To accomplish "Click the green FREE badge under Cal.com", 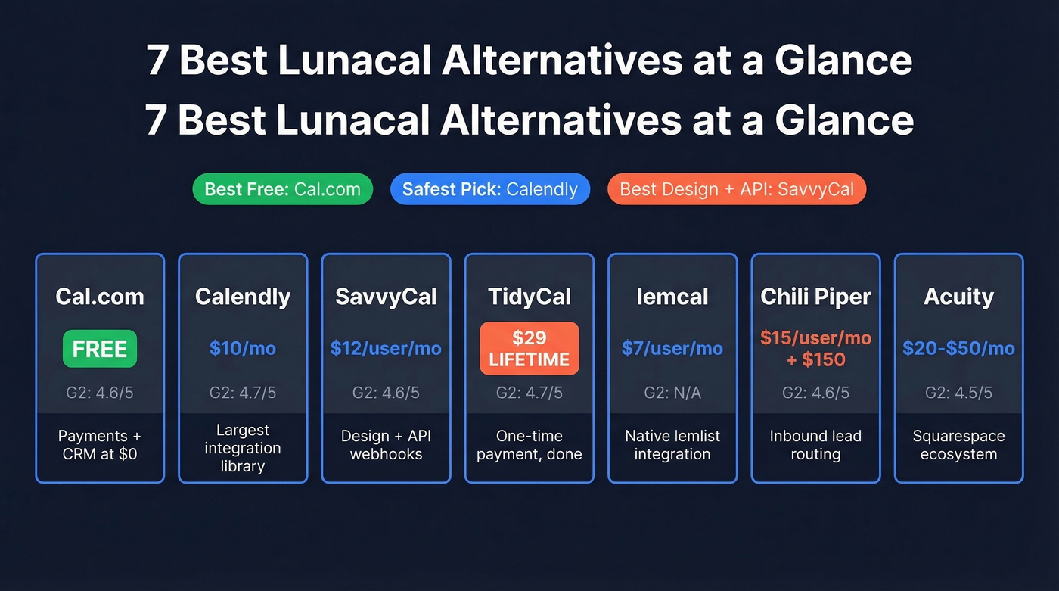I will point(100,349).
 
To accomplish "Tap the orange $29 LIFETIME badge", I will point(529,349).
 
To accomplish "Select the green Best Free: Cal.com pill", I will point(282,189).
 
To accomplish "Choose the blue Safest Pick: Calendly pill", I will point(489,189).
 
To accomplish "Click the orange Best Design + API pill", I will point(736,189).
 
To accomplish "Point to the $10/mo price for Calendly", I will point(243,349).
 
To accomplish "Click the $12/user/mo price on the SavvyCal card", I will point(386,349).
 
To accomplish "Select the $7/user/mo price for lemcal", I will point(672,349).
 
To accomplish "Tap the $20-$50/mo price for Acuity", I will point(958,349).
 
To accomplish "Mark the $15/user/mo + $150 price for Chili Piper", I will point(815,349).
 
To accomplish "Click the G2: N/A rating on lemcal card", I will point(672,393).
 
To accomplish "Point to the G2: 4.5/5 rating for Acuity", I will point(958,393).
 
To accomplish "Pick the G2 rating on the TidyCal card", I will point(529,393).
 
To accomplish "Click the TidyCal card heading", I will point(529,297).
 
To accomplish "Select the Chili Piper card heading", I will point(815,297).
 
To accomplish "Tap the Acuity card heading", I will point(958,297).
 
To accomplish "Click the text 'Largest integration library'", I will point(243,448).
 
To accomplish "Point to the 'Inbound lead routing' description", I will point(815,445).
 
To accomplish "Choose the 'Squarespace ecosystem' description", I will point(958,445).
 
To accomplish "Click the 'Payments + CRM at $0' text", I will point(100,445).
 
